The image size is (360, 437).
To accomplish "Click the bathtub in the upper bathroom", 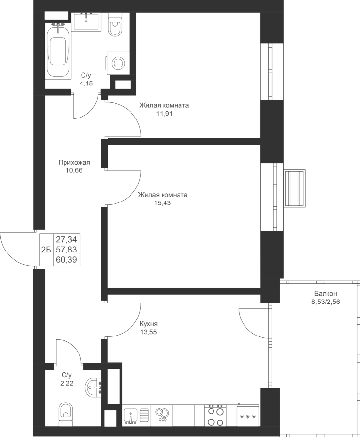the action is coord(58,51).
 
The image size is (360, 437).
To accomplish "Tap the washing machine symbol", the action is coord(117,64).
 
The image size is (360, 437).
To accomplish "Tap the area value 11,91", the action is coord(164,114).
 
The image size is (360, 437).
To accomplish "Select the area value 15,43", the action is coord(163,203).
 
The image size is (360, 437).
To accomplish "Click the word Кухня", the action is coord(148,324).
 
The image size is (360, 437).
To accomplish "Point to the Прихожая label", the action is coord(74,162).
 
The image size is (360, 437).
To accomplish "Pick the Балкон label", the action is coord(326,293).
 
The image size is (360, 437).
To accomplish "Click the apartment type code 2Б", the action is coord(46,250).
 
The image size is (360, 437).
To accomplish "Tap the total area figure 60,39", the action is coord(66,260).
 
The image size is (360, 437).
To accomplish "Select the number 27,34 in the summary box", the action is coord(66,239).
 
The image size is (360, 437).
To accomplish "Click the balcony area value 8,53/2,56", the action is coord(326,302).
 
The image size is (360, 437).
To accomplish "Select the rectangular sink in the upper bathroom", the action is coord(86,21).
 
